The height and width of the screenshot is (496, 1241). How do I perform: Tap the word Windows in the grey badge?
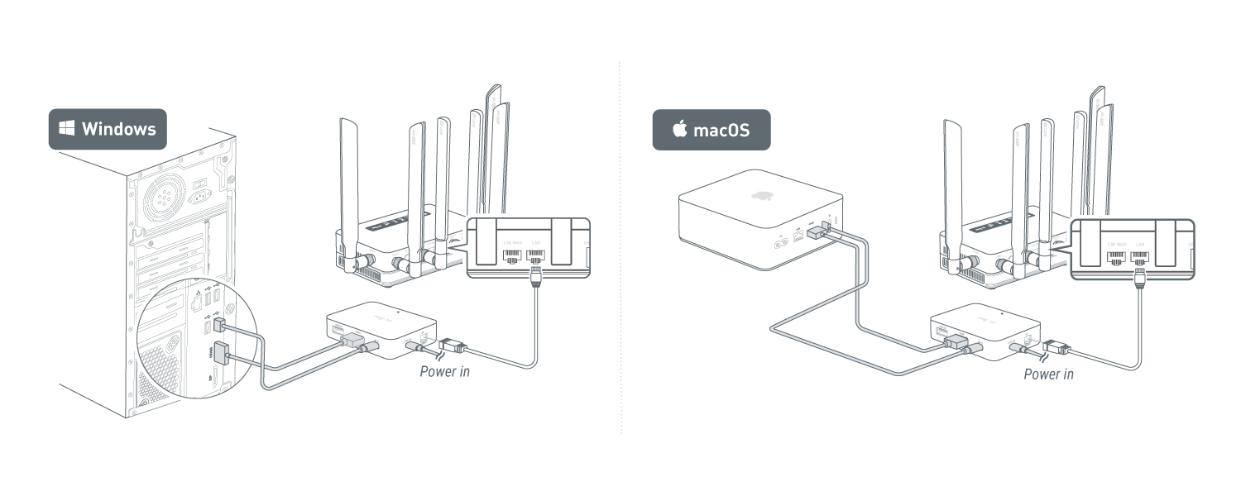pos(118,129)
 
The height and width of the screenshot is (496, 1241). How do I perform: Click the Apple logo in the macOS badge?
pos(680,129)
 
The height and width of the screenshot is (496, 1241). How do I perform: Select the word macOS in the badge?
pos(721,130)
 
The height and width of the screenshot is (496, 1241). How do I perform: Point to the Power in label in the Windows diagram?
pos(444,371)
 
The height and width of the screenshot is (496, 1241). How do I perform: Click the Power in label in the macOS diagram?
pos(1048,374)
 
